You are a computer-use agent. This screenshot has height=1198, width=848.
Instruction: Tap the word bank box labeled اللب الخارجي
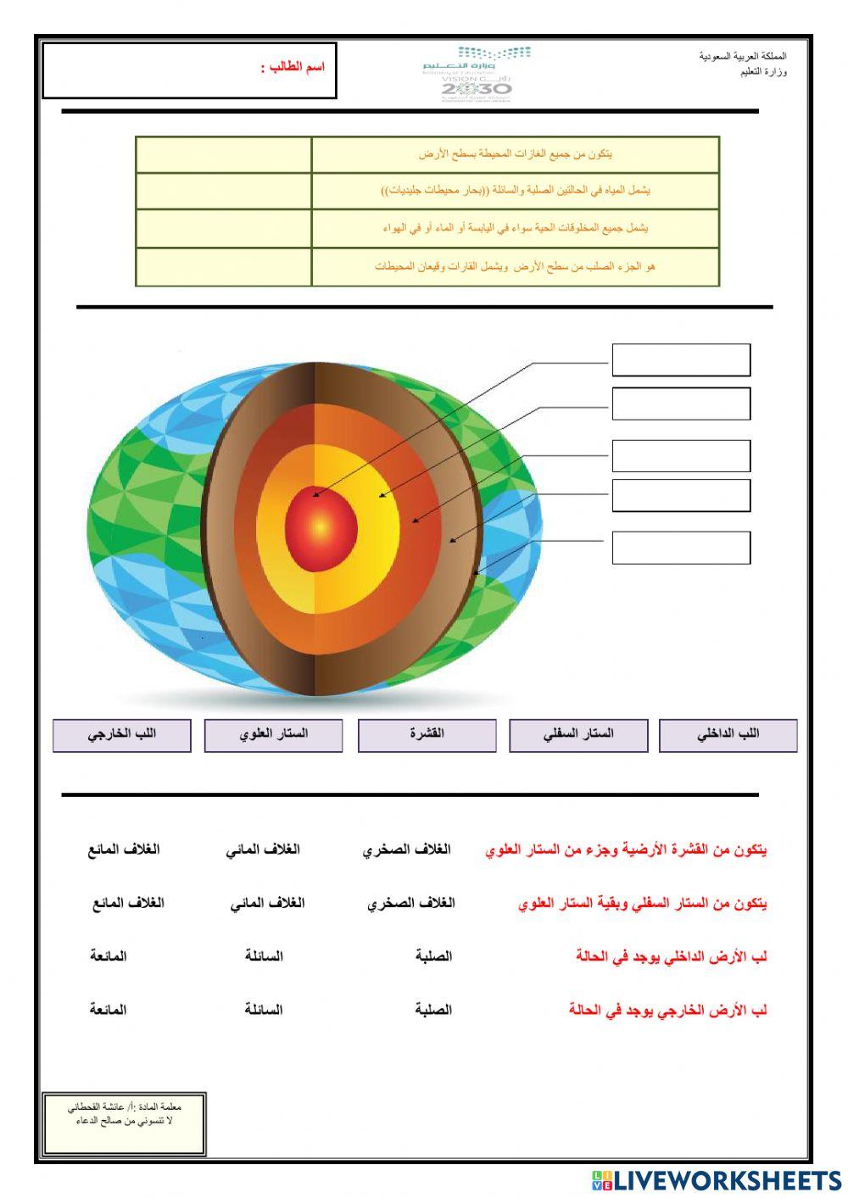(122, 734)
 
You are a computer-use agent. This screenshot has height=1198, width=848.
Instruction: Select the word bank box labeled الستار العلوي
(273, 734)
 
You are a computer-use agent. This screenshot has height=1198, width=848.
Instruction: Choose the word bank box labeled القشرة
(427, 734)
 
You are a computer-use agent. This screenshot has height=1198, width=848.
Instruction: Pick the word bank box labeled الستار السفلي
(578, 734)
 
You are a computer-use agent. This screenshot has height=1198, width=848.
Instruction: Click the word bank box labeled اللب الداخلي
(728, 734)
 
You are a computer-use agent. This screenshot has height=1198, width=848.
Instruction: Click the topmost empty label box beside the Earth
(681, 359)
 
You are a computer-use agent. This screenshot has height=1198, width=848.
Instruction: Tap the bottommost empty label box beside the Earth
(681, 548)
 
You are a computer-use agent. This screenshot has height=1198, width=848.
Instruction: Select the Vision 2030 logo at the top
(476, 75)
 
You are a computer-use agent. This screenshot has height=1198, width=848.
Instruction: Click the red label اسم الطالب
(293, 67)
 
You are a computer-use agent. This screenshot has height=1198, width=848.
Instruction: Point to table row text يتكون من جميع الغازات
(515, 154)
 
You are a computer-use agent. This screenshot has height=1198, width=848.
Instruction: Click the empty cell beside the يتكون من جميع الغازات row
(224, 155)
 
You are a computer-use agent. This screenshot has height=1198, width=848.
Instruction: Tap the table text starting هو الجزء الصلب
(515, 266)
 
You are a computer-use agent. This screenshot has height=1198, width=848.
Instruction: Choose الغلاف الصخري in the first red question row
(407, 850)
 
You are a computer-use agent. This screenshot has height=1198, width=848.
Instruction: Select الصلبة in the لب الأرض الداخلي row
(433, 956)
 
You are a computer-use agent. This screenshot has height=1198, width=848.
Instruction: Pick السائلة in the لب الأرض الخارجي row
(264, 1010)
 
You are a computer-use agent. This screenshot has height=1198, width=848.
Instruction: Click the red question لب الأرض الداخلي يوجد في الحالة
(671, 956)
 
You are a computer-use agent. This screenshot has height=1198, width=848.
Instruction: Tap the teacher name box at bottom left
(125, 1123)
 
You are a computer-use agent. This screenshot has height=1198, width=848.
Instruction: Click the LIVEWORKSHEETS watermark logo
(717, 1179)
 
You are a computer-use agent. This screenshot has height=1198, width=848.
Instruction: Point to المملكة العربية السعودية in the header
(743, 56)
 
